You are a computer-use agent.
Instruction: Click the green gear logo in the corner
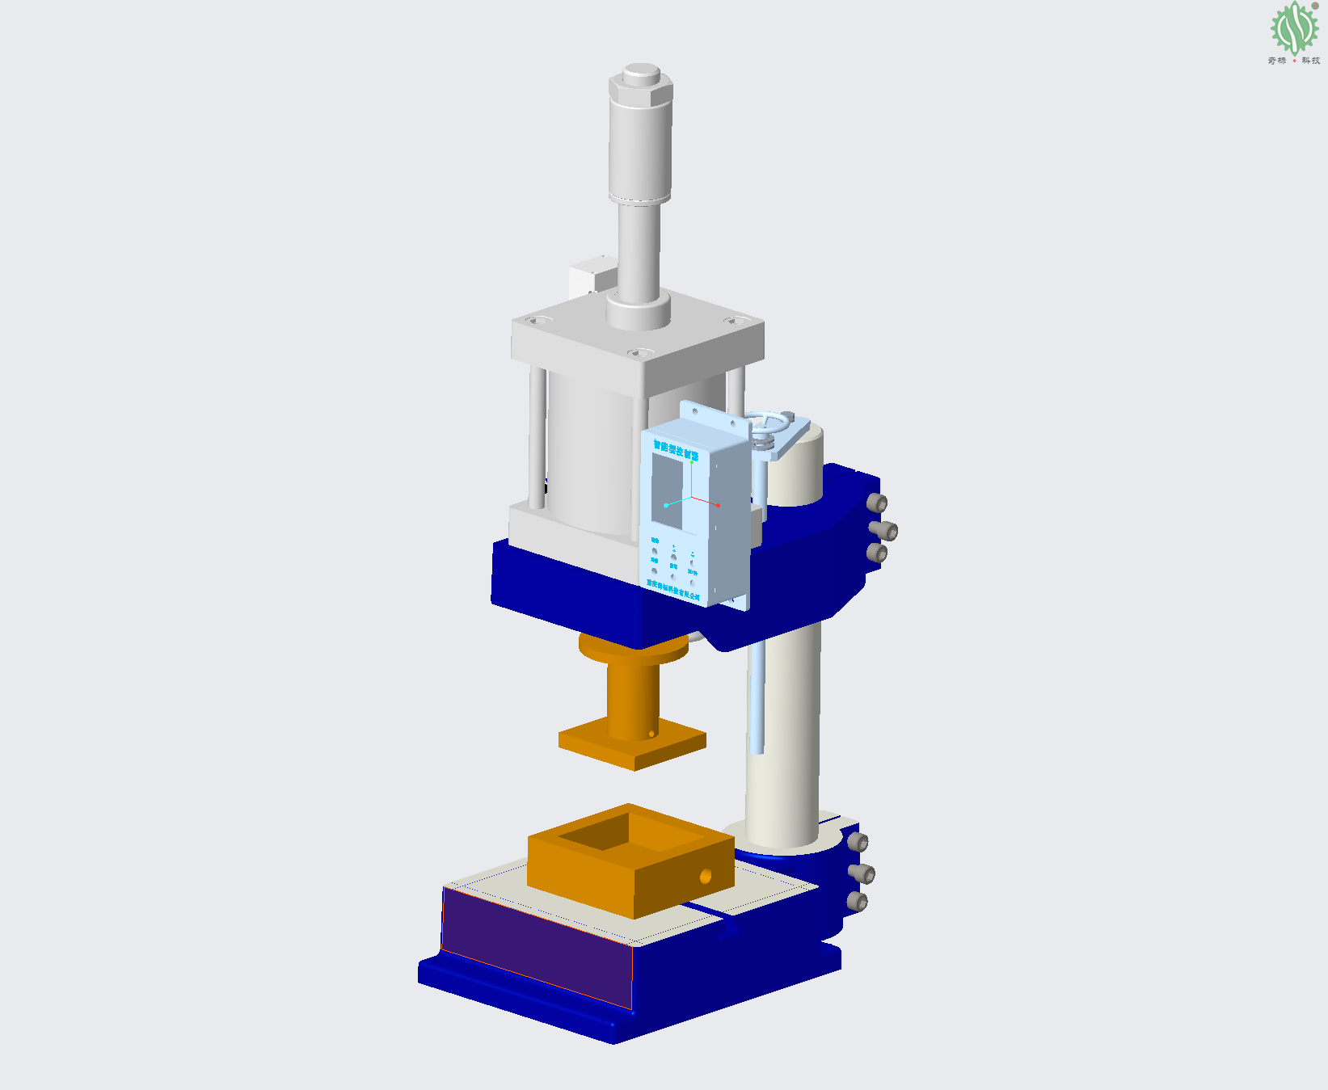[x=1294, y=28]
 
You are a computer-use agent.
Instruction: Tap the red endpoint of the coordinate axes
[x=718, y=505]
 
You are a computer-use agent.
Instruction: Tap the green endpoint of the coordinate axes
[x=692, y=461]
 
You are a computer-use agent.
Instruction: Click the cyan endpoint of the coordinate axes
[x=666, y=505]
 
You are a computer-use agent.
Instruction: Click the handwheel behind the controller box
[x=768, y=423]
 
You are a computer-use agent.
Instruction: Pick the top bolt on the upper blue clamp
[x=877, y=503]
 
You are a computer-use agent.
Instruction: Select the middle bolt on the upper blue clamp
[x=887, y=531]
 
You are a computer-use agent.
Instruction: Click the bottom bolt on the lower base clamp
[x=857, y=902]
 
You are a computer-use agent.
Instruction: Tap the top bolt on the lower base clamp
[x=858, y=843]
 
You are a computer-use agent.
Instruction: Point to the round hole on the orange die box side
[x=706, y=875]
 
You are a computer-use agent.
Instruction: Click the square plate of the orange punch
[x=632, y=747]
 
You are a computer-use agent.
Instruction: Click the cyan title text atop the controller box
[x=676, y=449]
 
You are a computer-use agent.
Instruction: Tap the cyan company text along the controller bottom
[x=672, y=589]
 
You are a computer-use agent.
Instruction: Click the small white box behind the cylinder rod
[x=592, y=276]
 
